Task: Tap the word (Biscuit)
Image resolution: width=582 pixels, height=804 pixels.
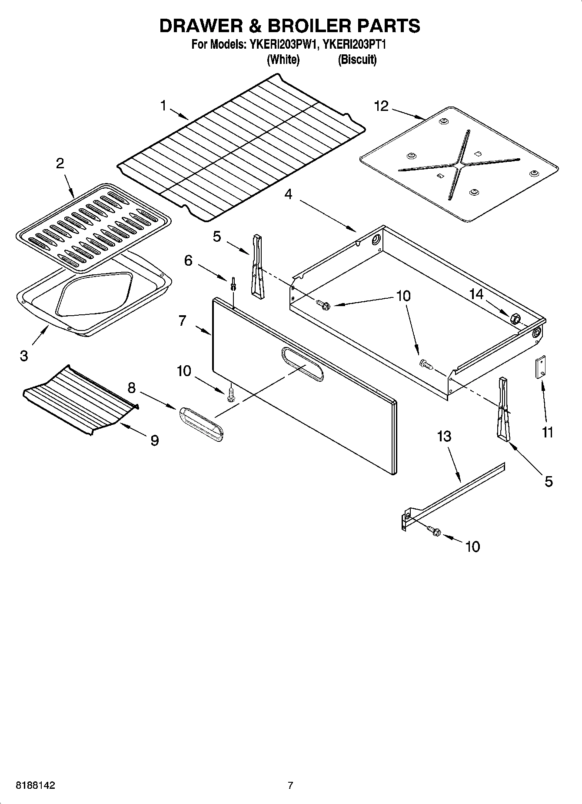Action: point(357,60)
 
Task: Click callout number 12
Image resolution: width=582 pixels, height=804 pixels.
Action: point(381,106)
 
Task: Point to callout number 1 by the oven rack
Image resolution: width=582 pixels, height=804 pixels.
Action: point(163,105)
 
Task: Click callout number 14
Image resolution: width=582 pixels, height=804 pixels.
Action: point(476,294)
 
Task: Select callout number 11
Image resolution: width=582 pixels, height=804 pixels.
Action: point(547,432)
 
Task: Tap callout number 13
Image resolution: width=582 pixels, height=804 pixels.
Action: point(444,436)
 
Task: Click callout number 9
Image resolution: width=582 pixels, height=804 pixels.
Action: point(154,440)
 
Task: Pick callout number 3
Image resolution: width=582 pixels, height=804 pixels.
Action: point(24,356)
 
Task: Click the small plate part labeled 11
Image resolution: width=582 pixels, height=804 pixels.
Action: point(540,368)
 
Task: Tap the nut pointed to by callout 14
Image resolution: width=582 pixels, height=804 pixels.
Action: point(515,318)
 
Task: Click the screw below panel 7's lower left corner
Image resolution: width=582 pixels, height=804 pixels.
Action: point(231,394)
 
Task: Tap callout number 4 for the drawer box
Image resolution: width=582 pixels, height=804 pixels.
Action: point(288,194)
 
